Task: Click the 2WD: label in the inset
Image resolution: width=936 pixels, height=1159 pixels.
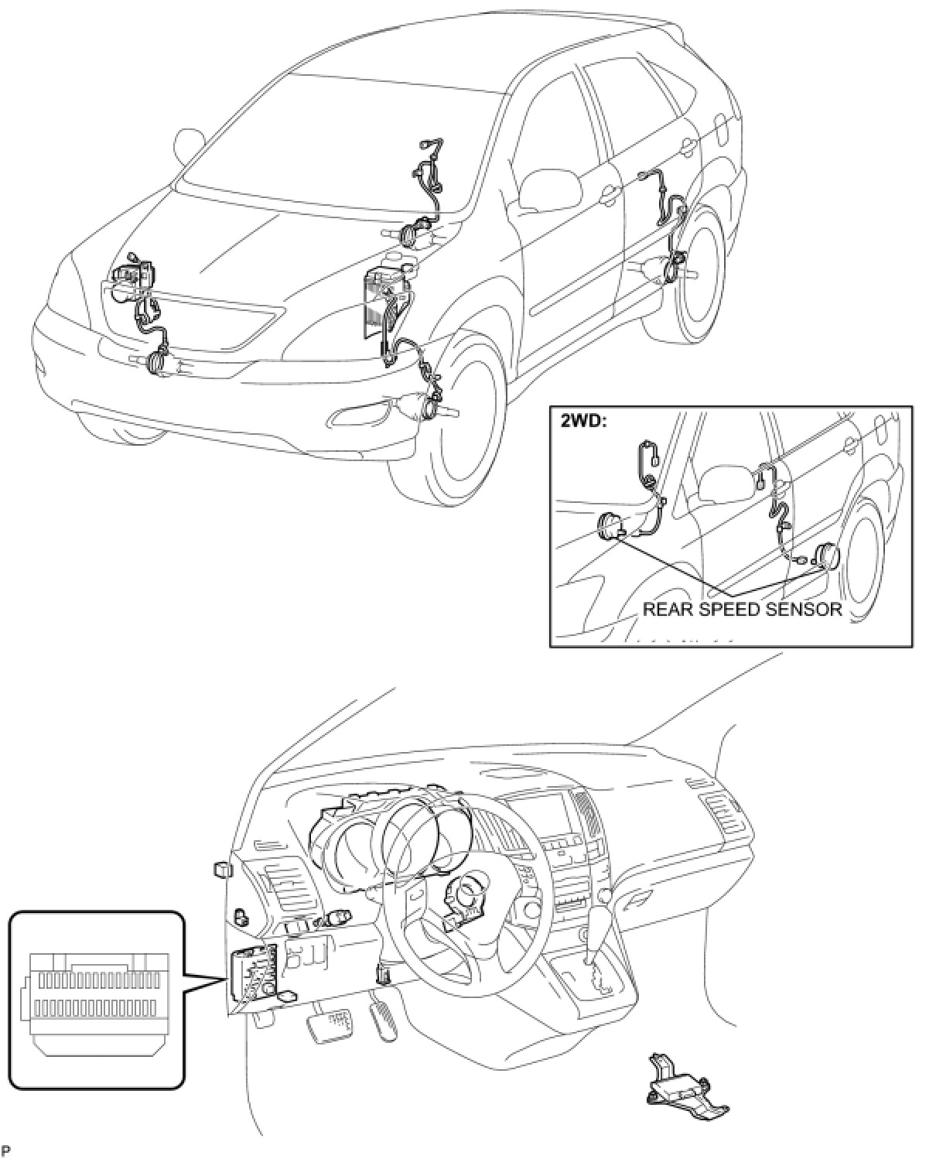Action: (576, 423)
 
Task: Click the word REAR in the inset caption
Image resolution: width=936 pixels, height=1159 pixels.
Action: (668, 609)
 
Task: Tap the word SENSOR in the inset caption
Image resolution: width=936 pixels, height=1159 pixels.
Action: (804, 609)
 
